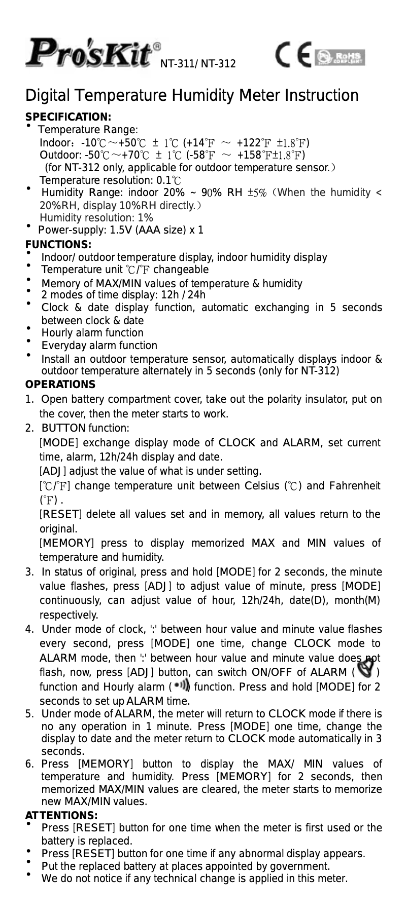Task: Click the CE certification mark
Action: click(x=294, y=56)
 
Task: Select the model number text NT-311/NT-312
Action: click(x=198, y=64)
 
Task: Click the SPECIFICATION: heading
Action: click(x=68, y=118)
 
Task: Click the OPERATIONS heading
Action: click(x=60, y=385)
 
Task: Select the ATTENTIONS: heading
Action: click(x=61, y=815)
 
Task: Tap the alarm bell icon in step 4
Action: click(x=365, y=671)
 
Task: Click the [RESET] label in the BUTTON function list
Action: click(x=61, y=514)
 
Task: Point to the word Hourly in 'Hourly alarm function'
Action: click(x=57, y=333)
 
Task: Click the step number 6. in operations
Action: click(x=30, y=764)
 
